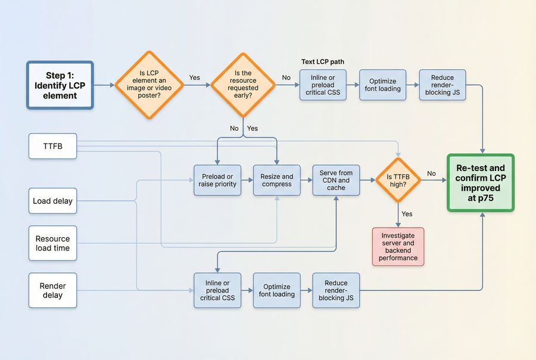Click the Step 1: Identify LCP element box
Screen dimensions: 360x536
60,85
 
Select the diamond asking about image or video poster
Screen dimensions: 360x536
149,85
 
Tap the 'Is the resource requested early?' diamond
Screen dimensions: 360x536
243,85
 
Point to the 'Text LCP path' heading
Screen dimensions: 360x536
322,62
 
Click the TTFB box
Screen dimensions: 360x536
53,147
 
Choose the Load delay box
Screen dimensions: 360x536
53,201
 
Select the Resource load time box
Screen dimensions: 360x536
53,243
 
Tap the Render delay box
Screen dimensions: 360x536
53,290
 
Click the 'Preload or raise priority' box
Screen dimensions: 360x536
217,180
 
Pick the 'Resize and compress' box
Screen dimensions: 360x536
277,180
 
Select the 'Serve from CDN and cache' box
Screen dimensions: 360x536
336,180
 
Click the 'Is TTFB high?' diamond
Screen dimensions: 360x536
397,180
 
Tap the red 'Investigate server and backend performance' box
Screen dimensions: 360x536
398,246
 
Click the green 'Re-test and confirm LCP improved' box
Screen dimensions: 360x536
480,183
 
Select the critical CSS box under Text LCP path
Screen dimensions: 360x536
323,85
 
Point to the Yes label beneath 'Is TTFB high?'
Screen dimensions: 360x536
407,214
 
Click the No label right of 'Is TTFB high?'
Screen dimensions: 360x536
431,173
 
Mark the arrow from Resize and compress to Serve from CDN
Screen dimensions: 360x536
307,180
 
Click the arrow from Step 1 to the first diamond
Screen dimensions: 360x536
104,85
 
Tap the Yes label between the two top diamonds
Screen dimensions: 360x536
195,78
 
